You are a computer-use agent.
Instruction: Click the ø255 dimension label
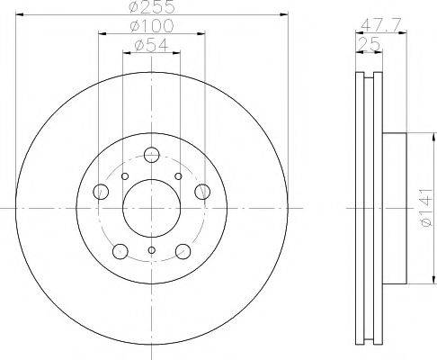(x=152, y=7)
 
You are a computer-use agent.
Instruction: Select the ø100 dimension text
(x=152, y=26)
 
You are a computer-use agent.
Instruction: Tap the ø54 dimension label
(x=152, y=45)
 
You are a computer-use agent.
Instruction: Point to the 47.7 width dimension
(x=380, y=25)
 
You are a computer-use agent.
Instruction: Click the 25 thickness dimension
(x=369, y=44)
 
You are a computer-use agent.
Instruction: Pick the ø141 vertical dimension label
(x=425, y=207)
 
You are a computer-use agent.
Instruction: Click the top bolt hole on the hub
(x=151, y=155)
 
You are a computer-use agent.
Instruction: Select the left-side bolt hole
(x=101, y=192)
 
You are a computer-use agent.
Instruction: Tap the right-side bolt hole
(x=202, y=192)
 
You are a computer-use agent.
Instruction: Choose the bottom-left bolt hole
(x=120, y=251)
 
